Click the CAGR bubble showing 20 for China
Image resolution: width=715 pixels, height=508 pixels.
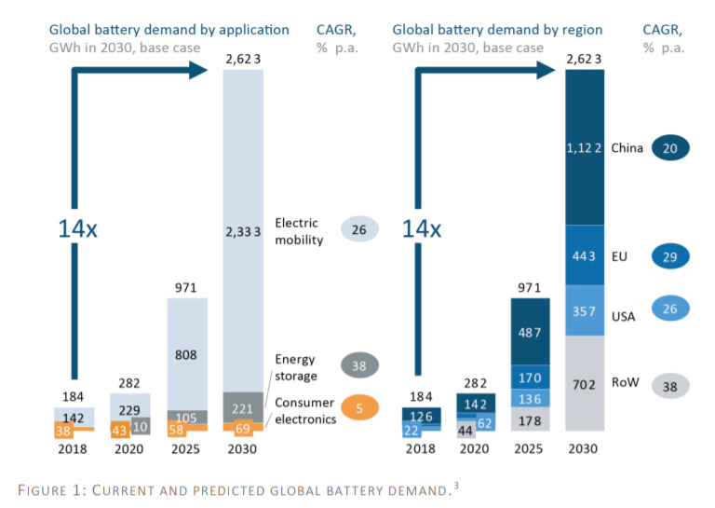[x=669, y=148]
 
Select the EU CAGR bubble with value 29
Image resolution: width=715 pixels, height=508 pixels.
[x=669, y=255]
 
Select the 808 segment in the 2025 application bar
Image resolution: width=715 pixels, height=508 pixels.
[x=187, y=354]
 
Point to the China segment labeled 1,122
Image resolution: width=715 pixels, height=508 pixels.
[x=585, y=147]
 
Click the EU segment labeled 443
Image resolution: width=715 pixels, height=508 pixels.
[x=585, y=255]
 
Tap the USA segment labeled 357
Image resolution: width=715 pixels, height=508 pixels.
[x=585, y=310]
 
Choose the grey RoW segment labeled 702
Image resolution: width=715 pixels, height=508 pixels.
[x=585, y=383]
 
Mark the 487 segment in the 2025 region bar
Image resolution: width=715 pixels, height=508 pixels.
[x=529, y=332]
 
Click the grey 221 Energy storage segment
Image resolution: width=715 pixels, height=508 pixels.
[x=242, y=407]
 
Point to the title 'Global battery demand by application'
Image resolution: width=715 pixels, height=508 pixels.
[x=169, y=31]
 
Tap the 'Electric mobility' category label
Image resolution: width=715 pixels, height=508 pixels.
[x=298, y=231]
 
